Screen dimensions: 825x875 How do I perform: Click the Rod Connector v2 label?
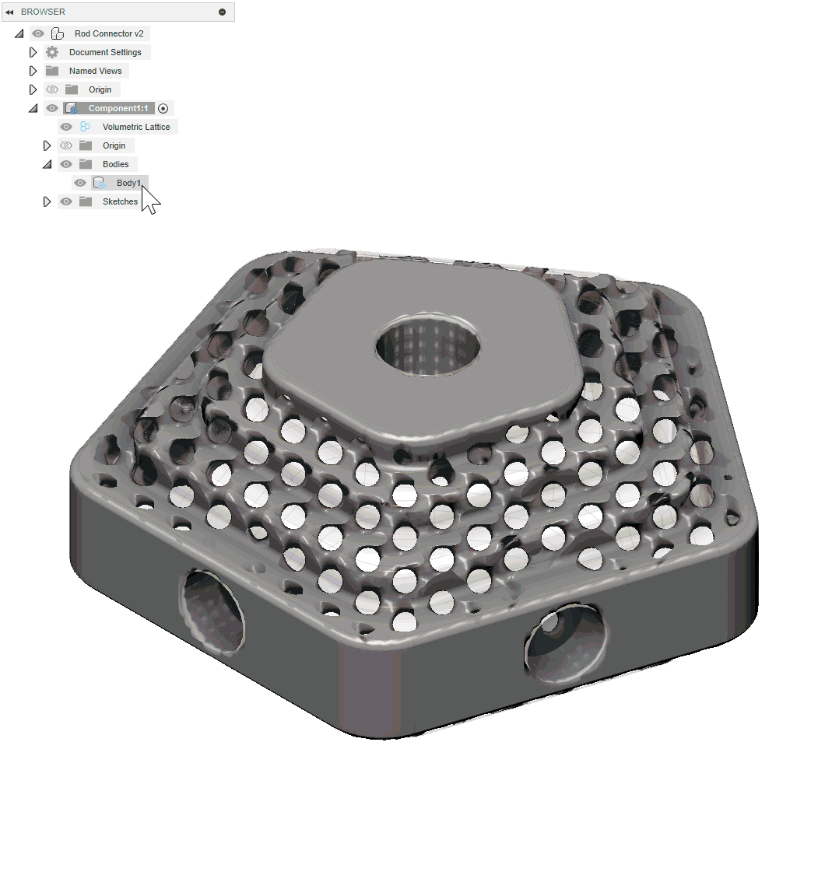tap(109, 33)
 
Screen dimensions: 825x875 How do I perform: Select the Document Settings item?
tap(105, 52)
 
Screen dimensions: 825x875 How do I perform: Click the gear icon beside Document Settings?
tap(52, 52)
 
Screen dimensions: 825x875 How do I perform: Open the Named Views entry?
tap(95, 71)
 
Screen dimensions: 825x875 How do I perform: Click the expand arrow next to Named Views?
tap(33, 71)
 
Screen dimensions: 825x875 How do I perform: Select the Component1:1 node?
tap(118, 108)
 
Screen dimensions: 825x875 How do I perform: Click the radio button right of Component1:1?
tap(163, 108)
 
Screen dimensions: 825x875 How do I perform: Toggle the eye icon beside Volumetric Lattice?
tap(66, 127)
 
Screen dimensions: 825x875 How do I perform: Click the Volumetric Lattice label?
tap(135, 127)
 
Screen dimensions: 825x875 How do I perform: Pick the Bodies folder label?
tap(116, 164)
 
